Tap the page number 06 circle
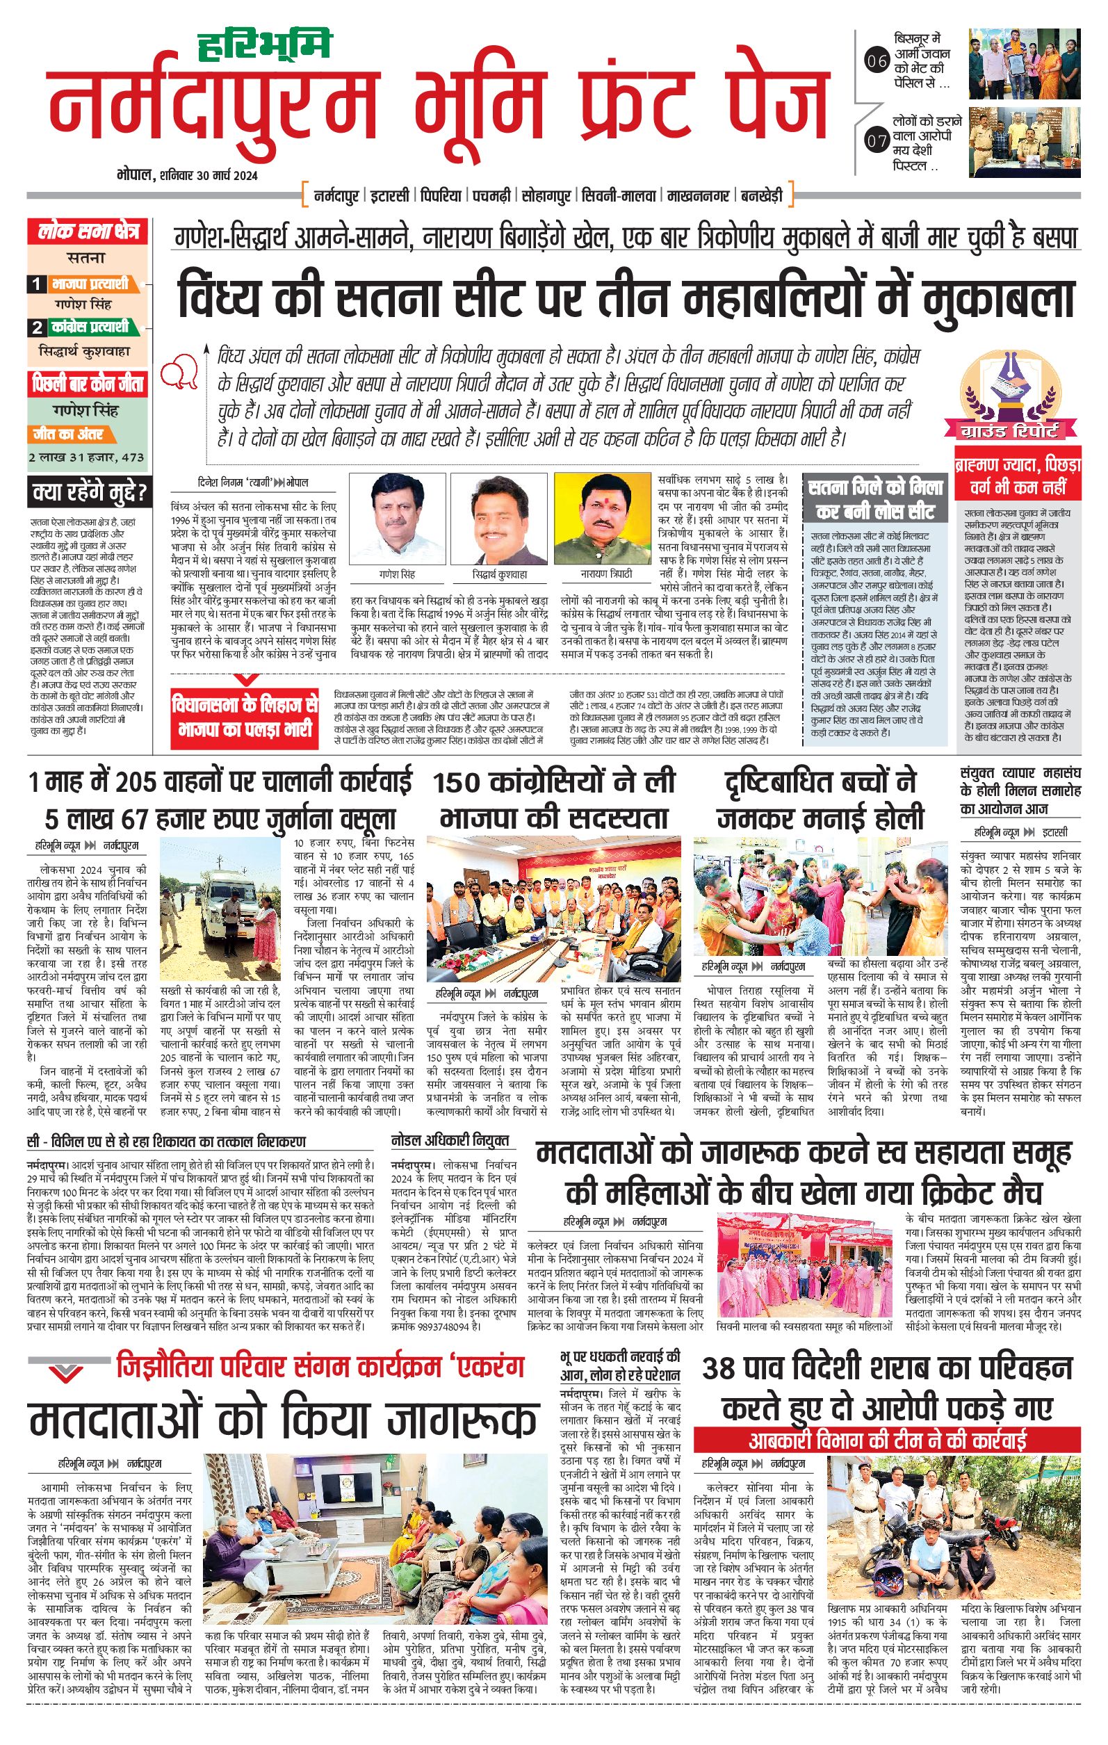click(x=877, y=62)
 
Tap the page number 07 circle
click(x=877, y=141)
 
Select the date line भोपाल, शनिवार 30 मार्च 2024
click(x=188, y=175)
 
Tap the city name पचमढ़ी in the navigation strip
click(x=494, y=195)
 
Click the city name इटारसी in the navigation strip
click(x=391, y=195)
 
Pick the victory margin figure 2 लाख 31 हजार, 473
click(x=86, y=457)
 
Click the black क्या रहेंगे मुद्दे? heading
click(x=89, y=494)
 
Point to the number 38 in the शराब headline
click(x=719, y=1367)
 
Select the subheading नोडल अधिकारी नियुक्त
click(x=450, y=1141)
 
